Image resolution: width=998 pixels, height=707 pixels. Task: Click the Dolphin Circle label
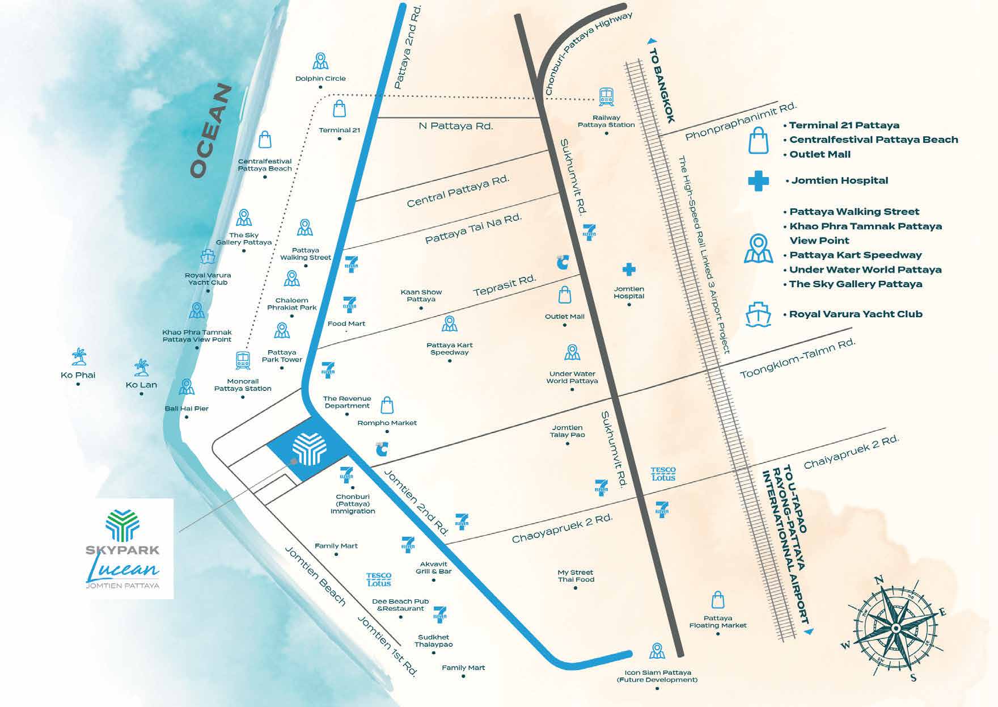tap(320, 78)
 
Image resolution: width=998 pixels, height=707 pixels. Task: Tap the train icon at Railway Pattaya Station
tap(606, 97)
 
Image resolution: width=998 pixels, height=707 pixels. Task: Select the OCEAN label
tap(212, 132)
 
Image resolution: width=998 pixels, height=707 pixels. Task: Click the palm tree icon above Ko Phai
tap(79, 357)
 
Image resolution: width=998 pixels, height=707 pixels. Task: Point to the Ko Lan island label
tap(141, 385)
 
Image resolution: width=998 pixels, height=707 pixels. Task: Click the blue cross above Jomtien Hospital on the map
tap(629, 269)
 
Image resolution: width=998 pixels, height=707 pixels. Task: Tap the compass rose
tap(895, 628)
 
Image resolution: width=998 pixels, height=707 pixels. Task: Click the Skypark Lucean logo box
tap(123, 549)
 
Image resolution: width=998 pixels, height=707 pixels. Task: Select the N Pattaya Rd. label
tap(456, 125)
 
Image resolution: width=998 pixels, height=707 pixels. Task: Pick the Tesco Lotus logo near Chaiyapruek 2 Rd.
tap(663, 474)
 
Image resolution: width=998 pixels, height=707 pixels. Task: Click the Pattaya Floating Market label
tap(718, 621)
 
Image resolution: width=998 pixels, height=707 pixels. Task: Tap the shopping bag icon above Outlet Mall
tap(564, 294)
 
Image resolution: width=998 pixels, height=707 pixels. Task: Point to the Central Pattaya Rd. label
tap(458, 191)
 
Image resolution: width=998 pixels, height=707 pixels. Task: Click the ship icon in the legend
tap(759, 314)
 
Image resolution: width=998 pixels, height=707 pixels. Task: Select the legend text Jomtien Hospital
tap(839, 180)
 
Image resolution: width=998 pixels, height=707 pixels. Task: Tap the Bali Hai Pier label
tap(187, 409)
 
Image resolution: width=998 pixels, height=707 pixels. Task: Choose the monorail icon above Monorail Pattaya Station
tap(243, 360)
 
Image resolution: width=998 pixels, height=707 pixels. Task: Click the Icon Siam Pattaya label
tap(657, 676)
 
